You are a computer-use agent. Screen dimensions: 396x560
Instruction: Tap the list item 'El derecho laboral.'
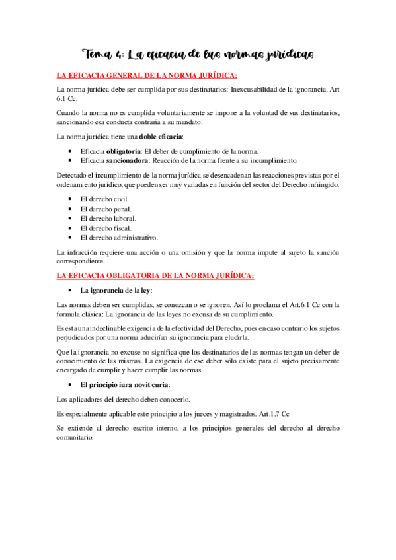tap(108, 218)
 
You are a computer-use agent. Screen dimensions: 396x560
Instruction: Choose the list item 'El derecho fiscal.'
tap(105, 228)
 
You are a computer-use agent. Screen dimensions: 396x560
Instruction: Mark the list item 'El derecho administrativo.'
tap(119, 237)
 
